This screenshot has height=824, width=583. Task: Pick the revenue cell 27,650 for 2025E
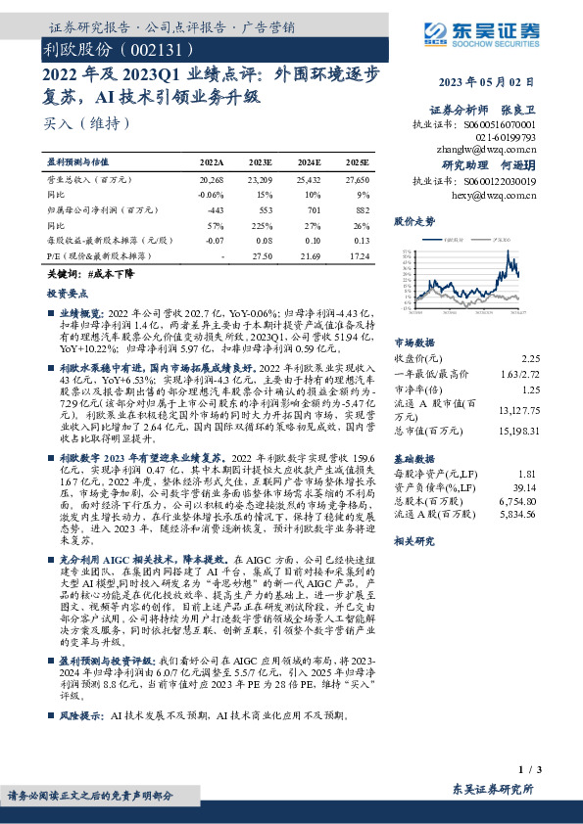point(357,181)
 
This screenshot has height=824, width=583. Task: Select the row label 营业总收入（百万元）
point(89,181)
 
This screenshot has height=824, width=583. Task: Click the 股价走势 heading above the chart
point(413,222)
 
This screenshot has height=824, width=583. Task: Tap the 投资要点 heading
point(67,293)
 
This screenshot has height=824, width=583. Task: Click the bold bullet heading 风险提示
point(82,715)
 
